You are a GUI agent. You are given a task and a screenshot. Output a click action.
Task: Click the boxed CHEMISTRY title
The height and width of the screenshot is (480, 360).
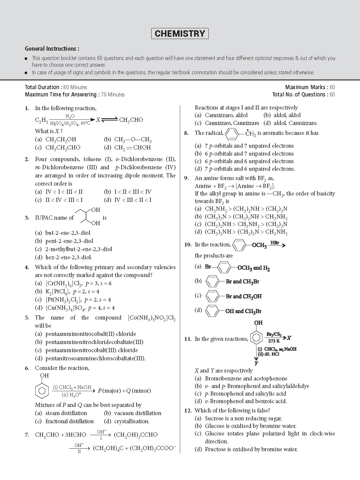(x=180, y=33)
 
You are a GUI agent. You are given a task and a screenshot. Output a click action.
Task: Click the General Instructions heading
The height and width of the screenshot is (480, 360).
(x=52, y=49)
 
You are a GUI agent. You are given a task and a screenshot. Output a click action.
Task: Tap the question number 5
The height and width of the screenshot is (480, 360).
(x=27, y=318)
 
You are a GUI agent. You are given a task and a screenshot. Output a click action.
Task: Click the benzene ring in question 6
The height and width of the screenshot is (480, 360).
(x=42, y=391)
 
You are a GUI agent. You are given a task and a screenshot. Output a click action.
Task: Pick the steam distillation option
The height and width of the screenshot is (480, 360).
(x=66, y=413)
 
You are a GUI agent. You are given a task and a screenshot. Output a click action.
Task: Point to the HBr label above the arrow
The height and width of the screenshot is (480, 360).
(x=275, y=242)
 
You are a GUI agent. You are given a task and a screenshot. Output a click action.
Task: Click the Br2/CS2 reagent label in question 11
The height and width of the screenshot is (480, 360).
(x=274, y=334)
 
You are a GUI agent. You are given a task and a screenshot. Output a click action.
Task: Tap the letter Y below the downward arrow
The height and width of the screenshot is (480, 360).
(x=256, y=363)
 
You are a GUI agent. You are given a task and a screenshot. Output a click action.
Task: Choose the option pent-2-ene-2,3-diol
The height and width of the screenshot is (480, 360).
(x=69, y=241)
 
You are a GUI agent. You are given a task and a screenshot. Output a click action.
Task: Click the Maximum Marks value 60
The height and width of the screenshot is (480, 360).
(x=332, y=87)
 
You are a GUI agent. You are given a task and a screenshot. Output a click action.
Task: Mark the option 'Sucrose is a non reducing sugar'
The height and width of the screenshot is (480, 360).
(x=243, y=418)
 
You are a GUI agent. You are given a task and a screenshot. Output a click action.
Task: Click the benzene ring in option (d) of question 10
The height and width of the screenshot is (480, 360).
(x=213, y=311)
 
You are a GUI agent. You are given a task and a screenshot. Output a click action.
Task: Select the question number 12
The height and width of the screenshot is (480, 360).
(x=187, y=411)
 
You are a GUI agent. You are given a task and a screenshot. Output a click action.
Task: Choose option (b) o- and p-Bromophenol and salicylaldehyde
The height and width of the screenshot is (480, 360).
(x=257, y=386)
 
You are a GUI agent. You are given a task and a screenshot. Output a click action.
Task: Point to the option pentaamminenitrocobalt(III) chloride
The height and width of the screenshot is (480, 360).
(x=91, y=350)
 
